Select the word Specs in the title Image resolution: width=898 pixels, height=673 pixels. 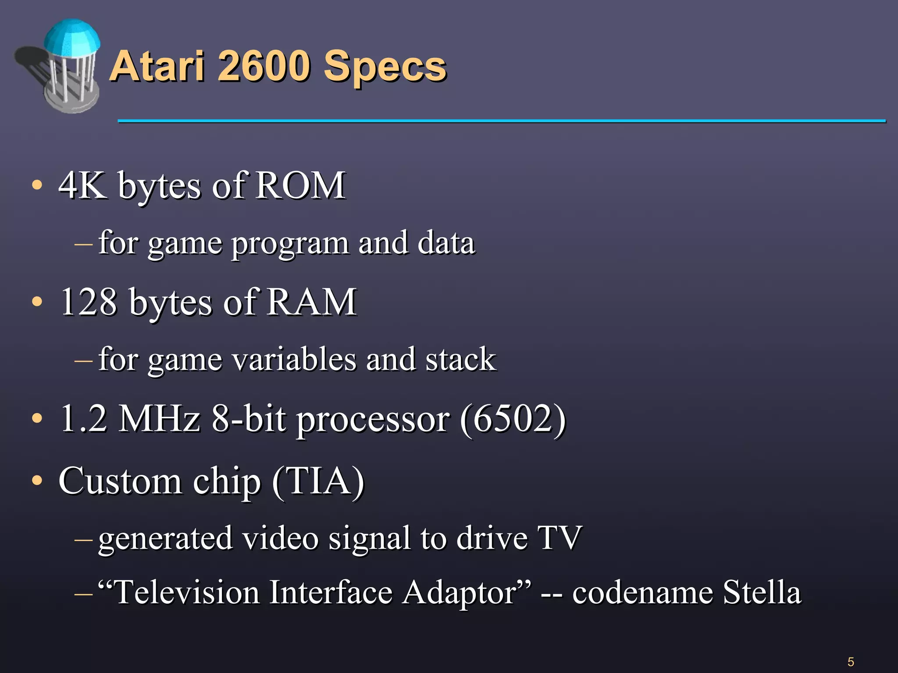385,68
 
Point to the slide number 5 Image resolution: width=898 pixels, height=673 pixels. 851,662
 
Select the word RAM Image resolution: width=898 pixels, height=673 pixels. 312,302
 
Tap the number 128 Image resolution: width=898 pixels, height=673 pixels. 89,302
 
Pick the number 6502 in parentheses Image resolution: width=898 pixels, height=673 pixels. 513,418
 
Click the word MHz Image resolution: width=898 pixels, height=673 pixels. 160,418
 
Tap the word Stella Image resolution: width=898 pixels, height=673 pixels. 762,592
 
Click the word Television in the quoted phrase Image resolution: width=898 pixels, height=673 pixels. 187,592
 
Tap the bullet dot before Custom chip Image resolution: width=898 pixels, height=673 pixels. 37,481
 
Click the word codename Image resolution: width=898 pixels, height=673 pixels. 643,592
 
